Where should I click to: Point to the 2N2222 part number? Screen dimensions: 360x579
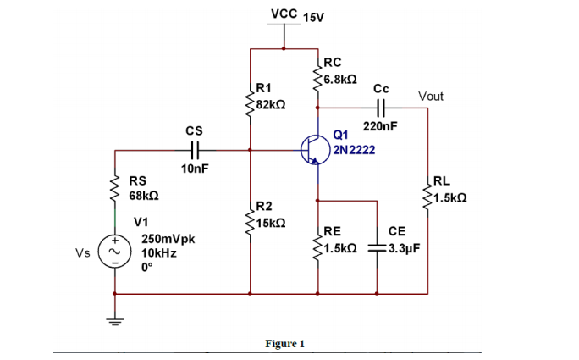click(355, 150)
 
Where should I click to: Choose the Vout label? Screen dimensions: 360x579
click(430, 97)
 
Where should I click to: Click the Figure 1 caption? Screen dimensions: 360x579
click(284, 343)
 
